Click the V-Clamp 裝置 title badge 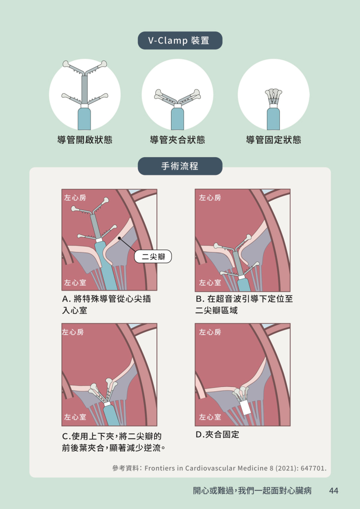coord(180,41)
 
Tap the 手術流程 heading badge coord(180,166)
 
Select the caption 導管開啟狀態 coord(85,140)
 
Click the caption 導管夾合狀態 coord(178,140)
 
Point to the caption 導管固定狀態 coord(273,140)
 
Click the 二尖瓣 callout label coord(153,257)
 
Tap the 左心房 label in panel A coord(75,198)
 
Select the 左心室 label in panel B coord(210,283)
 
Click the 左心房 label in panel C coord(73,332)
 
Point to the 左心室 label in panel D coord(210,417)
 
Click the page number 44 coord(334,491)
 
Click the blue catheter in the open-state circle coord(84,119)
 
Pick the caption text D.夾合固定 coord(218,434)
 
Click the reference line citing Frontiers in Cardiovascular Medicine coord(220,468)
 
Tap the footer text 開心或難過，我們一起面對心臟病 coord(253,491)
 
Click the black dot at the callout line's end coord(120,238)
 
